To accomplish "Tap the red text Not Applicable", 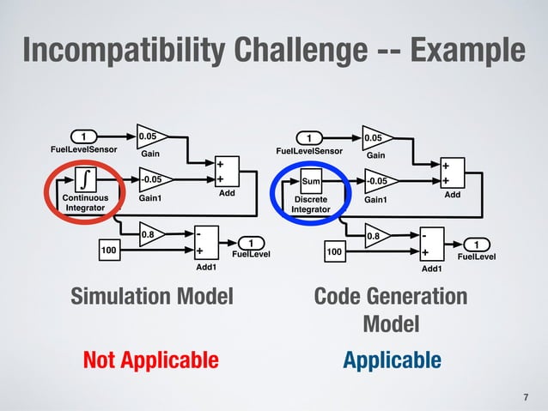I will (151, 360).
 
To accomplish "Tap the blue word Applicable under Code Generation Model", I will (393, 360).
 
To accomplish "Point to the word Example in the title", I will (465, 51).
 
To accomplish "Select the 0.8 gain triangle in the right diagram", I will (375, 235).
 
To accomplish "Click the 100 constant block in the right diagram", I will (334, 253).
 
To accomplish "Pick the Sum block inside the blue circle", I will (311, 182).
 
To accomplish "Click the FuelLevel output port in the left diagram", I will (251, 243).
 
